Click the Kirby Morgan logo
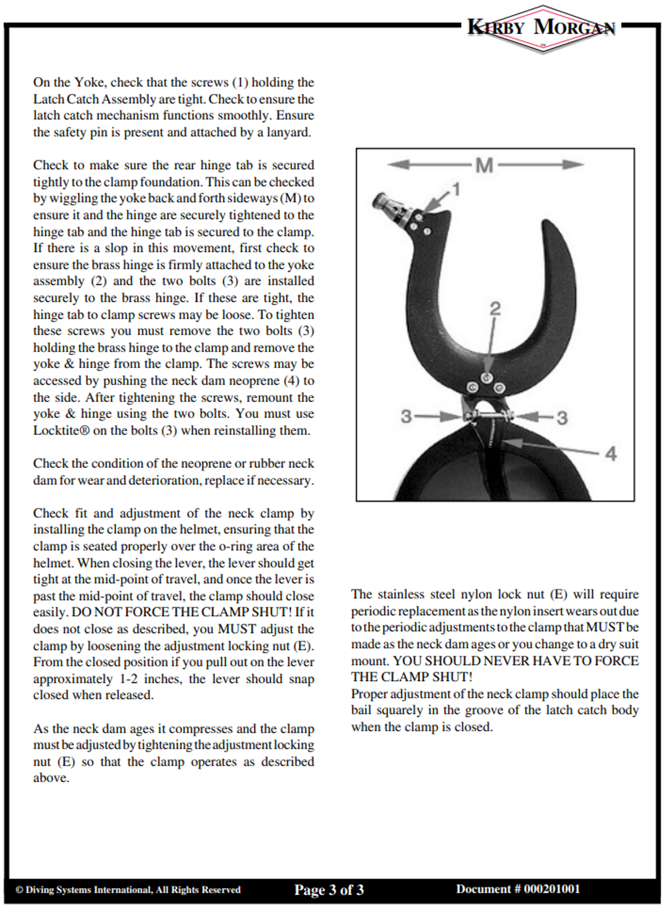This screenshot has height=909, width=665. [541, 28]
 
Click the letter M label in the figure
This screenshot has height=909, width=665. [484, 165]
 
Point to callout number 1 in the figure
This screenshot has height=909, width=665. [456, 190]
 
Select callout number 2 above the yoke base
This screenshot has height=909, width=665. [495, 309]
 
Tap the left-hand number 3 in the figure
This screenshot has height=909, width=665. [406, 416]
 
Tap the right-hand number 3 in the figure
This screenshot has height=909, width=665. [562, 418]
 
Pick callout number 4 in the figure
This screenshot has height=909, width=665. [611, 454]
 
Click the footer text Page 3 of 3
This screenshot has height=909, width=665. [329, 890]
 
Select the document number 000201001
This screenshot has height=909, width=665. [552, 889]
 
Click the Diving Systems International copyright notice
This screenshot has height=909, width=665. [128, 890]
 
